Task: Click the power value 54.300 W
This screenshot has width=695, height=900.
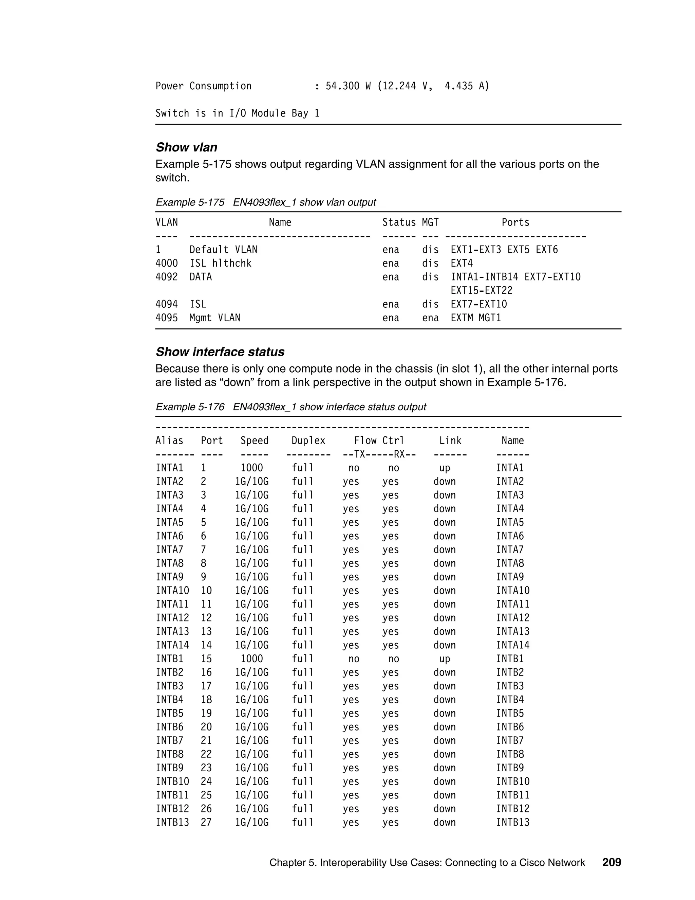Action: coord(348,86)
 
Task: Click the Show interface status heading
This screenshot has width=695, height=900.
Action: coord(220,352)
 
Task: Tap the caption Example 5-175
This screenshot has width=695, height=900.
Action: coord(190,202)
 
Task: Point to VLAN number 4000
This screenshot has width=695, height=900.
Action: coord(166,263)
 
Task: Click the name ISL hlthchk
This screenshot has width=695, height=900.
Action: coord(220,263)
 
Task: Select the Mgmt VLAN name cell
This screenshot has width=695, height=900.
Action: coord(214,318)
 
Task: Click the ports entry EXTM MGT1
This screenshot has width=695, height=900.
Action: coord(475,318)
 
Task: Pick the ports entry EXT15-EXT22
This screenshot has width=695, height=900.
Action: coord(481,290)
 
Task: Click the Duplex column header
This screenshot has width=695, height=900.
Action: coord(308,441)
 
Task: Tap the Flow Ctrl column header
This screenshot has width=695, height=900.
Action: coord(379,441)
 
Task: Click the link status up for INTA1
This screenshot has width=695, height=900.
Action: coord(445,468)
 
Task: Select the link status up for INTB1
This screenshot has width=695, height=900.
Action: coord(445,659)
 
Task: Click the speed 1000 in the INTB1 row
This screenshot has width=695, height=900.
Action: coord(251,659)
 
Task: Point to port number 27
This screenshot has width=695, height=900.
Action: coord(206,823)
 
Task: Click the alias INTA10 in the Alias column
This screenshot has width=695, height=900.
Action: coord(172,591)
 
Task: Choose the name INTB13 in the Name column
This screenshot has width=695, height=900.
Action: coord(513,823)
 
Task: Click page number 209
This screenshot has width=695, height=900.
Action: coord(612,863)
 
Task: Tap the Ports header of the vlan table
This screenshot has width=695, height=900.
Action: coord(515,222)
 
